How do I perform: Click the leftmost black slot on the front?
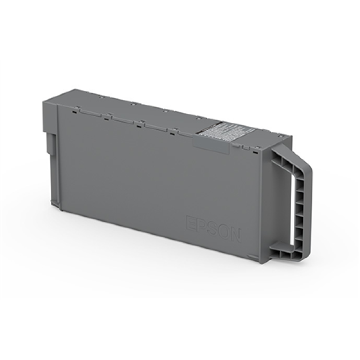pos(73,112)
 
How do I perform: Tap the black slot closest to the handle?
pos(255,152)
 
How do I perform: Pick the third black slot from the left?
pos(139,127)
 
